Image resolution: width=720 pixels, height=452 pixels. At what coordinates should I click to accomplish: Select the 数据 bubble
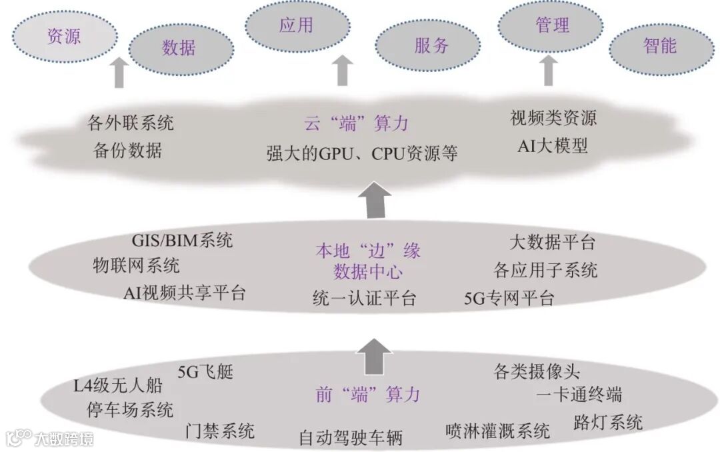click(178, 47)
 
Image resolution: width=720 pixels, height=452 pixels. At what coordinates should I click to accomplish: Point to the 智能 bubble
click(660, 45)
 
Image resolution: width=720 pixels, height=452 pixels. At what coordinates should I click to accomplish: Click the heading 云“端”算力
click(356, 123)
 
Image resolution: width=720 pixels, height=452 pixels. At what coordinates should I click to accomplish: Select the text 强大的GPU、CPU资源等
click(362, 153)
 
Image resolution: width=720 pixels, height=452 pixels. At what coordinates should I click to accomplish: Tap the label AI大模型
click(553, 146)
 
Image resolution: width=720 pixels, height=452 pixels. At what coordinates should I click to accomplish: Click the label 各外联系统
click(131, 123)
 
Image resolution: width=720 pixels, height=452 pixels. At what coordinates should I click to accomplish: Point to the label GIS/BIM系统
click(182, 240)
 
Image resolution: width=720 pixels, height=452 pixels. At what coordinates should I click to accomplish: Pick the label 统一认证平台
click(364, 298)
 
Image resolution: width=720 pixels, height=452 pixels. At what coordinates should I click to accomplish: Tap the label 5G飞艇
click(205, 372)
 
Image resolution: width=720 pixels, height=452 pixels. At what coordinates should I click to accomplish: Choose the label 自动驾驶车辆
click(351, 438)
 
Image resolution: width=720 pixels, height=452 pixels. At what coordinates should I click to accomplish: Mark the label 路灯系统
click(607, 422)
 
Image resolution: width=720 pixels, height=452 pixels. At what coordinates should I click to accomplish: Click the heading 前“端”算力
click(368, 394)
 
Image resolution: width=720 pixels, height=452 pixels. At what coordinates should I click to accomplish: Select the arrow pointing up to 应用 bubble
click(343, 70)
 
